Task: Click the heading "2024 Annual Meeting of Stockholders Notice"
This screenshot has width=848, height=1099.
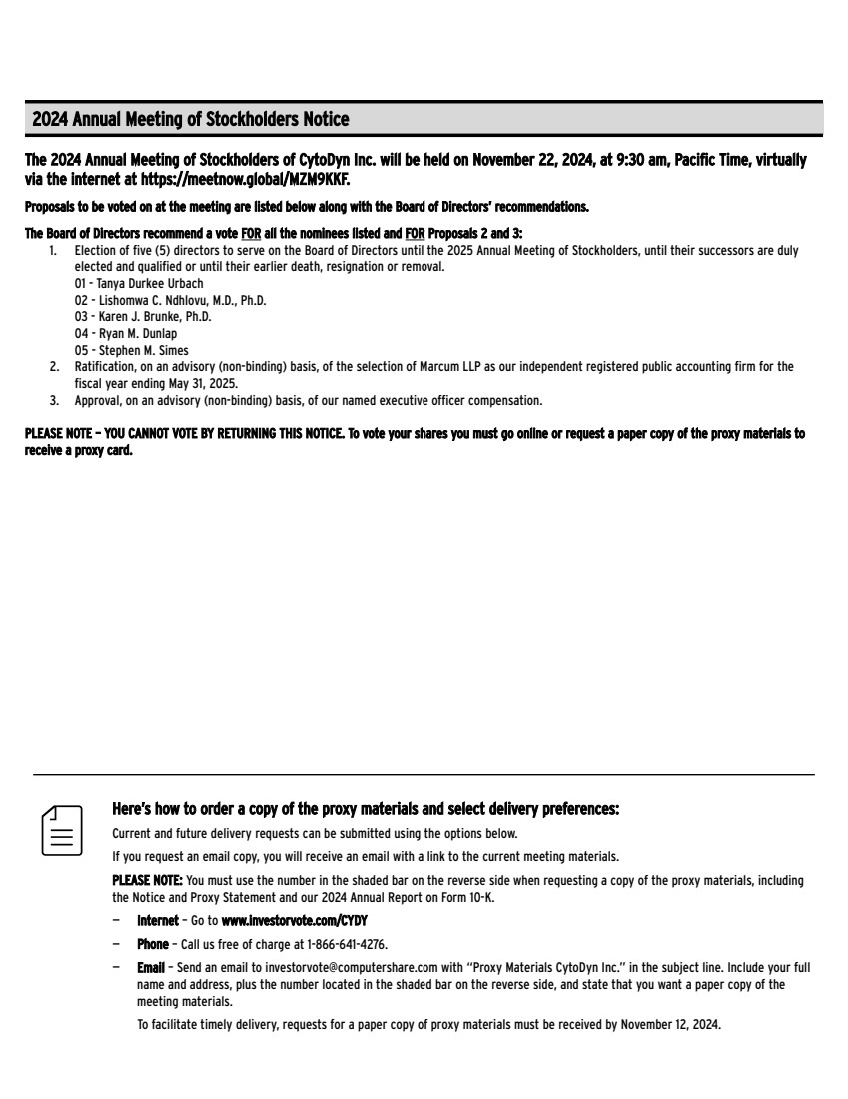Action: [x=191, y=120]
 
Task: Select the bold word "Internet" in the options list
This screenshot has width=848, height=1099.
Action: [x=157, y=920]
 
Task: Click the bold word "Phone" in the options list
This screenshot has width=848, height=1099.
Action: [x=153, y=944]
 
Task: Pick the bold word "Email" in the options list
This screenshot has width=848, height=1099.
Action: [x=150, y=968]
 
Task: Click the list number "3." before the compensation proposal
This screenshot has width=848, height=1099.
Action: [x=54, y=401]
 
